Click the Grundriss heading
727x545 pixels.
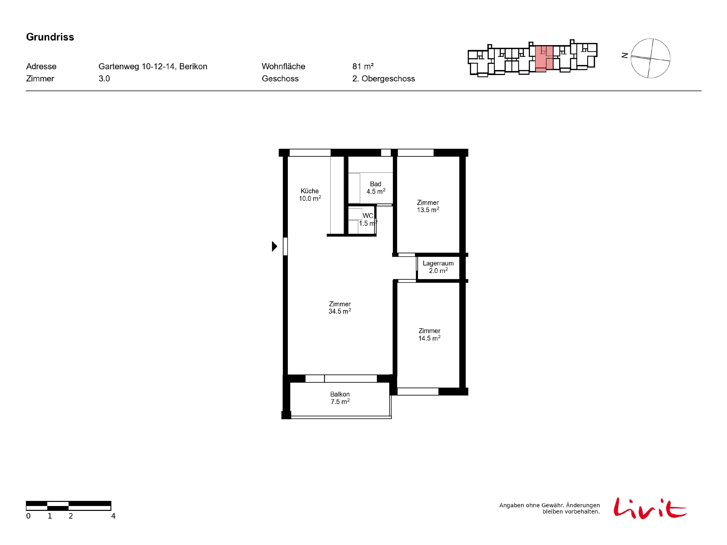(50, 37)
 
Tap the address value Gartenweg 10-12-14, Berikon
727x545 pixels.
(153, 66)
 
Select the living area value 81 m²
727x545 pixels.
(363, 66)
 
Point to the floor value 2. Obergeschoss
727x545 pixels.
(384, 78)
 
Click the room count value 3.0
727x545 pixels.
(104, 78)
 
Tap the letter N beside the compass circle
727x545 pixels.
(625, 55)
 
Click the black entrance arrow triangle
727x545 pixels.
(274, 246)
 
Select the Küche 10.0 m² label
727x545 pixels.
(310, 195)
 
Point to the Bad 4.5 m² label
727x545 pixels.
(376, 187)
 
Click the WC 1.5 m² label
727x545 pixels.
(368, 219)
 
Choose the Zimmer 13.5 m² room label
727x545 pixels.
(428, 206)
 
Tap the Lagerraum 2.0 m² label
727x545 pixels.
(438, 267)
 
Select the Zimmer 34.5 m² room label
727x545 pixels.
(340, 307)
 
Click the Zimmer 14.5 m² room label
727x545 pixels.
(429, 335)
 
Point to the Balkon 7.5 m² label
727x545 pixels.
(340, 398)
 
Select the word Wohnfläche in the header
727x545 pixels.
(283, 66)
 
